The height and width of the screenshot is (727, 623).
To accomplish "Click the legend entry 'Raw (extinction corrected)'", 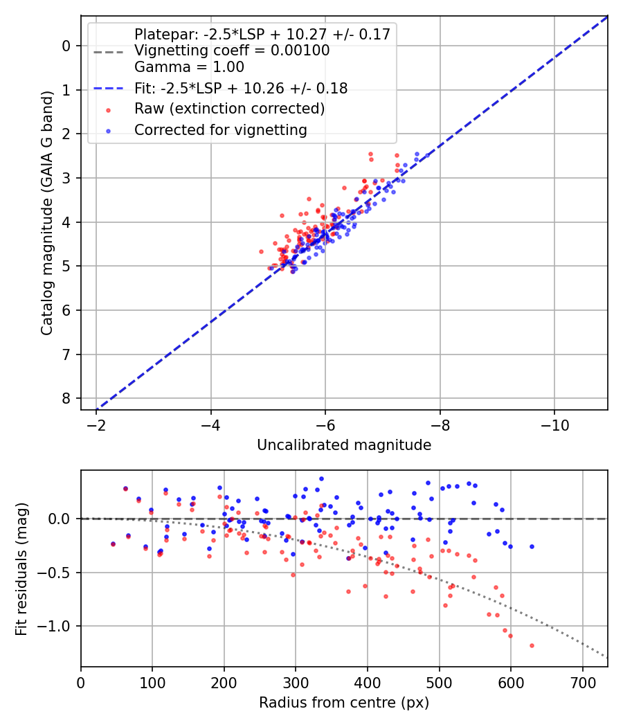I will pos(229,109).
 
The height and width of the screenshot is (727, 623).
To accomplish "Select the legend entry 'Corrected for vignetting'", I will pos(220,129).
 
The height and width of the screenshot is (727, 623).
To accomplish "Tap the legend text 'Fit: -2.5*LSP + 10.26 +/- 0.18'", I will pos(241,88).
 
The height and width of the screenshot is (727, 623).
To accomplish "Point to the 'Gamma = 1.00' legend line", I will pos(189,67).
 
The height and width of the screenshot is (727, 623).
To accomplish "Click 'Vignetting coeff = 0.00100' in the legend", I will pos(232,51).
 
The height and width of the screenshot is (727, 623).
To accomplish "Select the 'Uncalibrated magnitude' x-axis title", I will pos(344,445).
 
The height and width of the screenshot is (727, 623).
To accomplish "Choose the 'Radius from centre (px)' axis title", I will pos(344,703).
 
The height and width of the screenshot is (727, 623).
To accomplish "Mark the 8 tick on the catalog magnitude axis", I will pos(66,399).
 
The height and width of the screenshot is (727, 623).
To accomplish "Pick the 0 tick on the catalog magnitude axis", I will pos(66,46).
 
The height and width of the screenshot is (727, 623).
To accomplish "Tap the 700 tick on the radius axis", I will pos(582,682).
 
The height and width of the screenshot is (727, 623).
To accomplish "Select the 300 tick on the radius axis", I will pos(296,682).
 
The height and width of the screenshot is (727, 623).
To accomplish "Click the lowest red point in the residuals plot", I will pos(532,645).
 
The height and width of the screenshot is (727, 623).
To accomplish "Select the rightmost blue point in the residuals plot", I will pos(532,546).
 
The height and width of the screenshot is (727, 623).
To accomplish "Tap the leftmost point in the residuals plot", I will pos(113,544).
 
